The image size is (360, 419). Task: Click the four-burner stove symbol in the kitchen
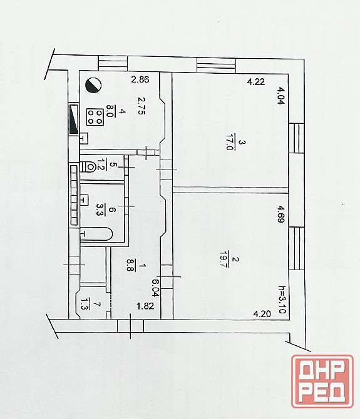pos(95,117)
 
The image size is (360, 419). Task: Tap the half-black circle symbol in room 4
pos(93,85)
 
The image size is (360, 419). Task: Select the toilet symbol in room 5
pos(88,167)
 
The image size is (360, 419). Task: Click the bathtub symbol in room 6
pos(96,235)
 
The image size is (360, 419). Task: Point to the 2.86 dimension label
pos(140,79)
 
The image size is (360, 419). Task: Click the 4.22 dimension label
pos(256,81)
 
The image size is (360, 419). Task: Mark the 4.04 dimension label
pos(280,96)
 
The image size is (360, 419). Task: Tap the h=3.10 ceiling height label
pos(282,300)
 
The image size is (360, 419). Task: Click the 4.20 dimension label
pos(262,313)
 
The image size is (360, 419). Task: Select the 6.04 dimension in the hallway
pos(155,288)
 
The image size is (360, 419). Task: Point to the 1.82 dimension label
pos(145,306)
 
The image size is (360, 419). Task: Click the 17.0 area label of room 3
pos(230,142)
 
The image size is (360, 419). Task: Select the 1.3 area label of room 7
pos(85,304)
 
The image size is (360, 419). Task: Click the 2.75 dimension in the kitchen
pos(141,106)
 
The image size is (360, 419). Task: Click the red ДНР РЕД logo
pos(322,381)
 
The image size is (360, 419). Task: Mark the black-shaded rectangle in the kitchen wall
pos(73,119)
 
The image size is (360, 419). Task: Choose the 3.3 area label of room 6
pos(100,210)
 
